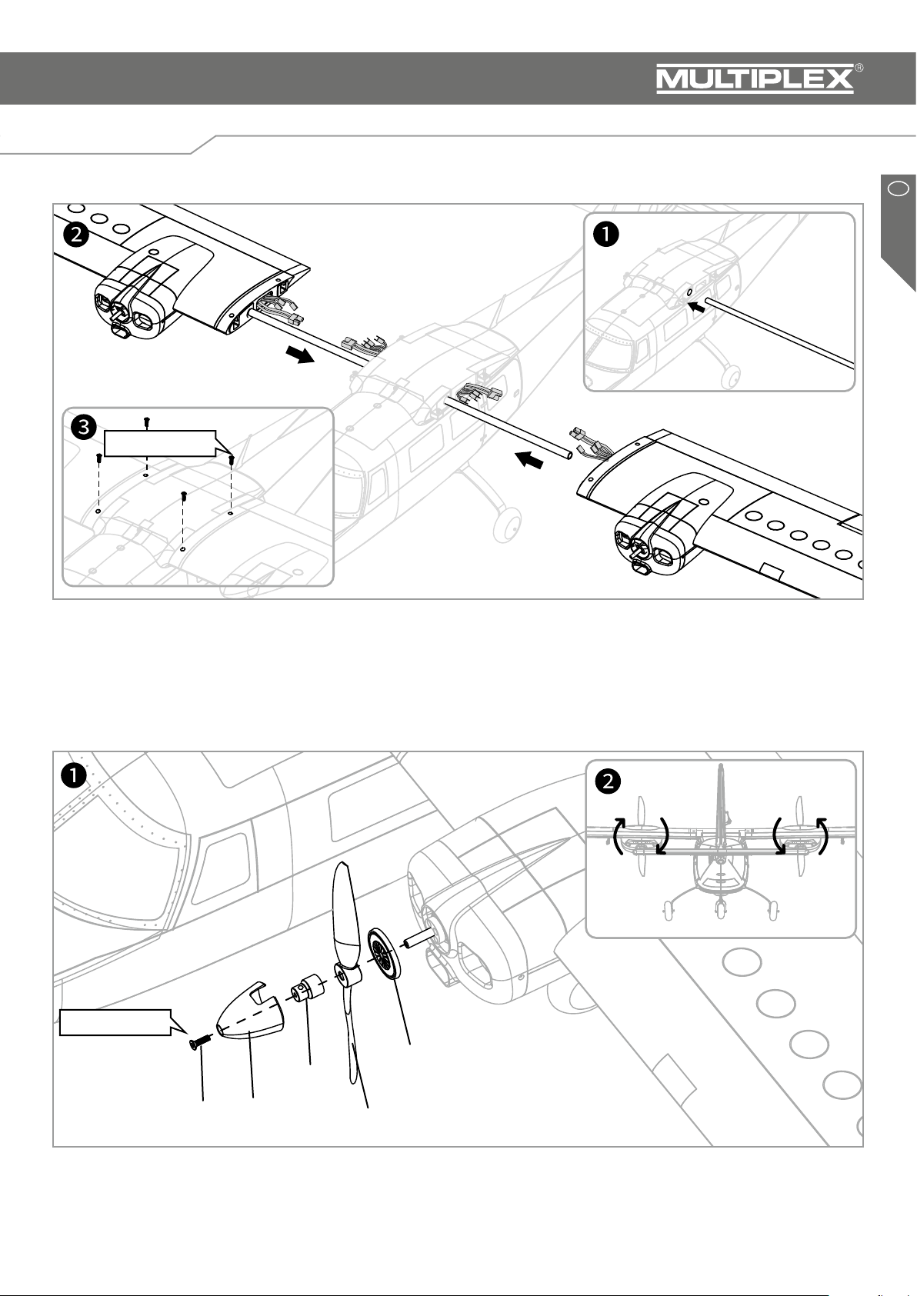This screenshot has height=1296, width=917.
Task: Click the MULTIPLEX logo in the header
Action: (754, 79)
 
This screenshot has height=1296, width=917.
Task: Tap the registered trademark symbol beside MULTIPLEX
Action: (859, 68)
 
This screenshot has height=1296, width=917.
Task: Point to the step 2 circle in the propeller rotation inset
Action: (608, 781)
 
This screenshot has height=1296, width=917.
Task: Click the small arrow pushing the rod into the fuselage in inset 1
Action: (697, 305)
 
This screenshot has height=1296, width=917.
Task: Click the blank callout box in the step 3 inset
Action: (159, 444)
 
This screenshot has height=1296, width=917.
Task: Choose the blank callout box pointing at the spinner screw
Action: (115, 1022)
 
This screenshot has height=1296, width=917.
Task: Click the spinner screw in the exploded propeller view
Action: (198, 1042)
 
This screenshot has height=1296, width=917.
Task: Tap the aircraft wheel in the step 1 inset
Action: (732, 377)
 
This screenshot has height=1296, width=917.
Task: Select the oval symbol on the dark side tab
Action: (898, 187)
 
